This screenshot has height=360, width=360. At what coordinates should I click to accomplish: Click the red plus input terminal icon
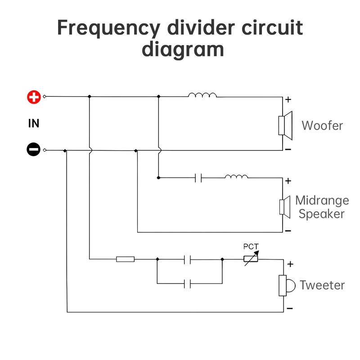pos(34,97)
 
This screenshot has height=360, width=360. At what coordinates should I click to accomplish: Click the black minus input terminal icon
pos(34,150)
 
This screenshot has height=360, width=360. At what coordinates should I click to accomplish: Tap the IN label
pos(34,123)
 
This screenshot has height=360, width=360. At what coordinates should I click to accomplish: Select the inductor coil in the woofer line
pos(202,95)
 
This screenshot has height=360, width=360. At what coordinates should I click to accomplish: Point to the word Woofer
pos(322,125)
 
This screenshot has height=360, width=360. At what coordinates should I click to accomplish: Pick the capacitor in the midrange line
pos(198,178)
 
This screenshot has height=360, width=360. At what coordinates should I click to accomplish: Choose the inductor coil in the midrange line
pos(236,176)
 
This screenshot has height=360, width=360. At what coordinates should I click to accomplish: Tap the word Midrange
pos(322,200)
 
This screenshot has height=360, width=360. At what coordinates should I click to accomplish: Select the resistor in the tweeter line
pos(125,259)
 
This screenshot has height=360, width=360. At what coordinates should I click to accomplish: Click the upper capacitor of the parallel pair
pos(188,259)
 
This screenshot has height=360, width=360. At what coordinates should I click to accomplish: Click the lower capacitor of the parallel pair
pos(188,283)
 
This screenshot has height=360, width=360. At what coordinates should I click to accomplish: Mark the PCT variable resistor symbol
pos(251,259)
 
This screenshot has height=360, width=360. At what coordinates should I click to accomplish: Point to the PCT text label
pos(251,247)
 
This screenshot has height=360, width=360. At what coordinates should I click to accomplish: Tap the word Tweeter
pos(322,285)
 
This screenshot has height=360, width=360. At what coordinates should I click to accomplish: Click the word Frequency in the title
pos(108,28)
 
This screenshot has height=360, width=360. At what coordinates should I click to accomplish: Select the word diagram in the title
pos(183,49)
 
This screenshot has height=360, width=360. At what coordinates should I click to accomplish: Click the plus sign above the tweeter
pos(290,264)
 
